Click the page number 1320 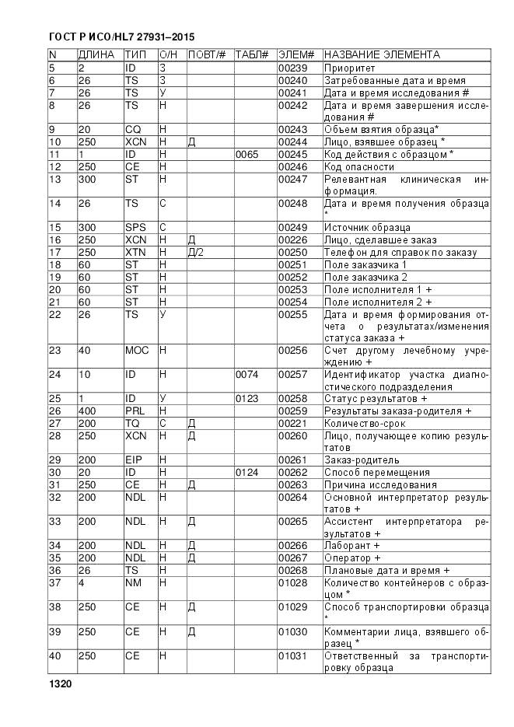(59, 684)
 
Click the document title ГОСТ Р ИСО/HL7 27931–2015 (121, 37)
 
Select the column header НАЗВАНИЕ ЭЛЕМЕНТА (382, 55)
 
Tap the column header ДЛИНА (96, 55)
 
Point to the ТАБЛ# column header (252, 55)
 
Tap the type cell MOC (137, 351)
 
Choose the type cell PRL (135, 411)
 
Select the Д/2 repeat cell (196, 253)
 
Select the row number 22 (55, 314)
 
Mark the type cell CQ (134, 129)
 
